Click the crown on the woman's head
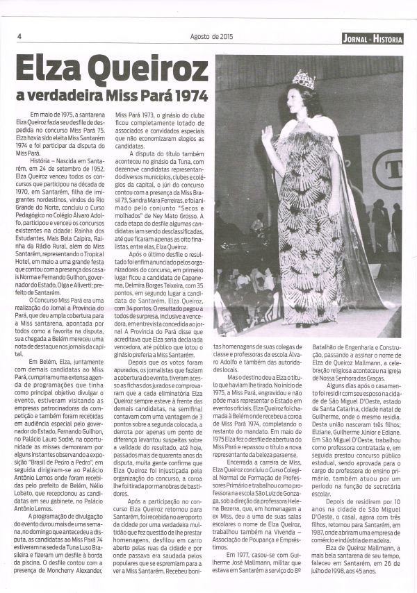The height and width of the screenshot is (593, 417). [x=303, y=78]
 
